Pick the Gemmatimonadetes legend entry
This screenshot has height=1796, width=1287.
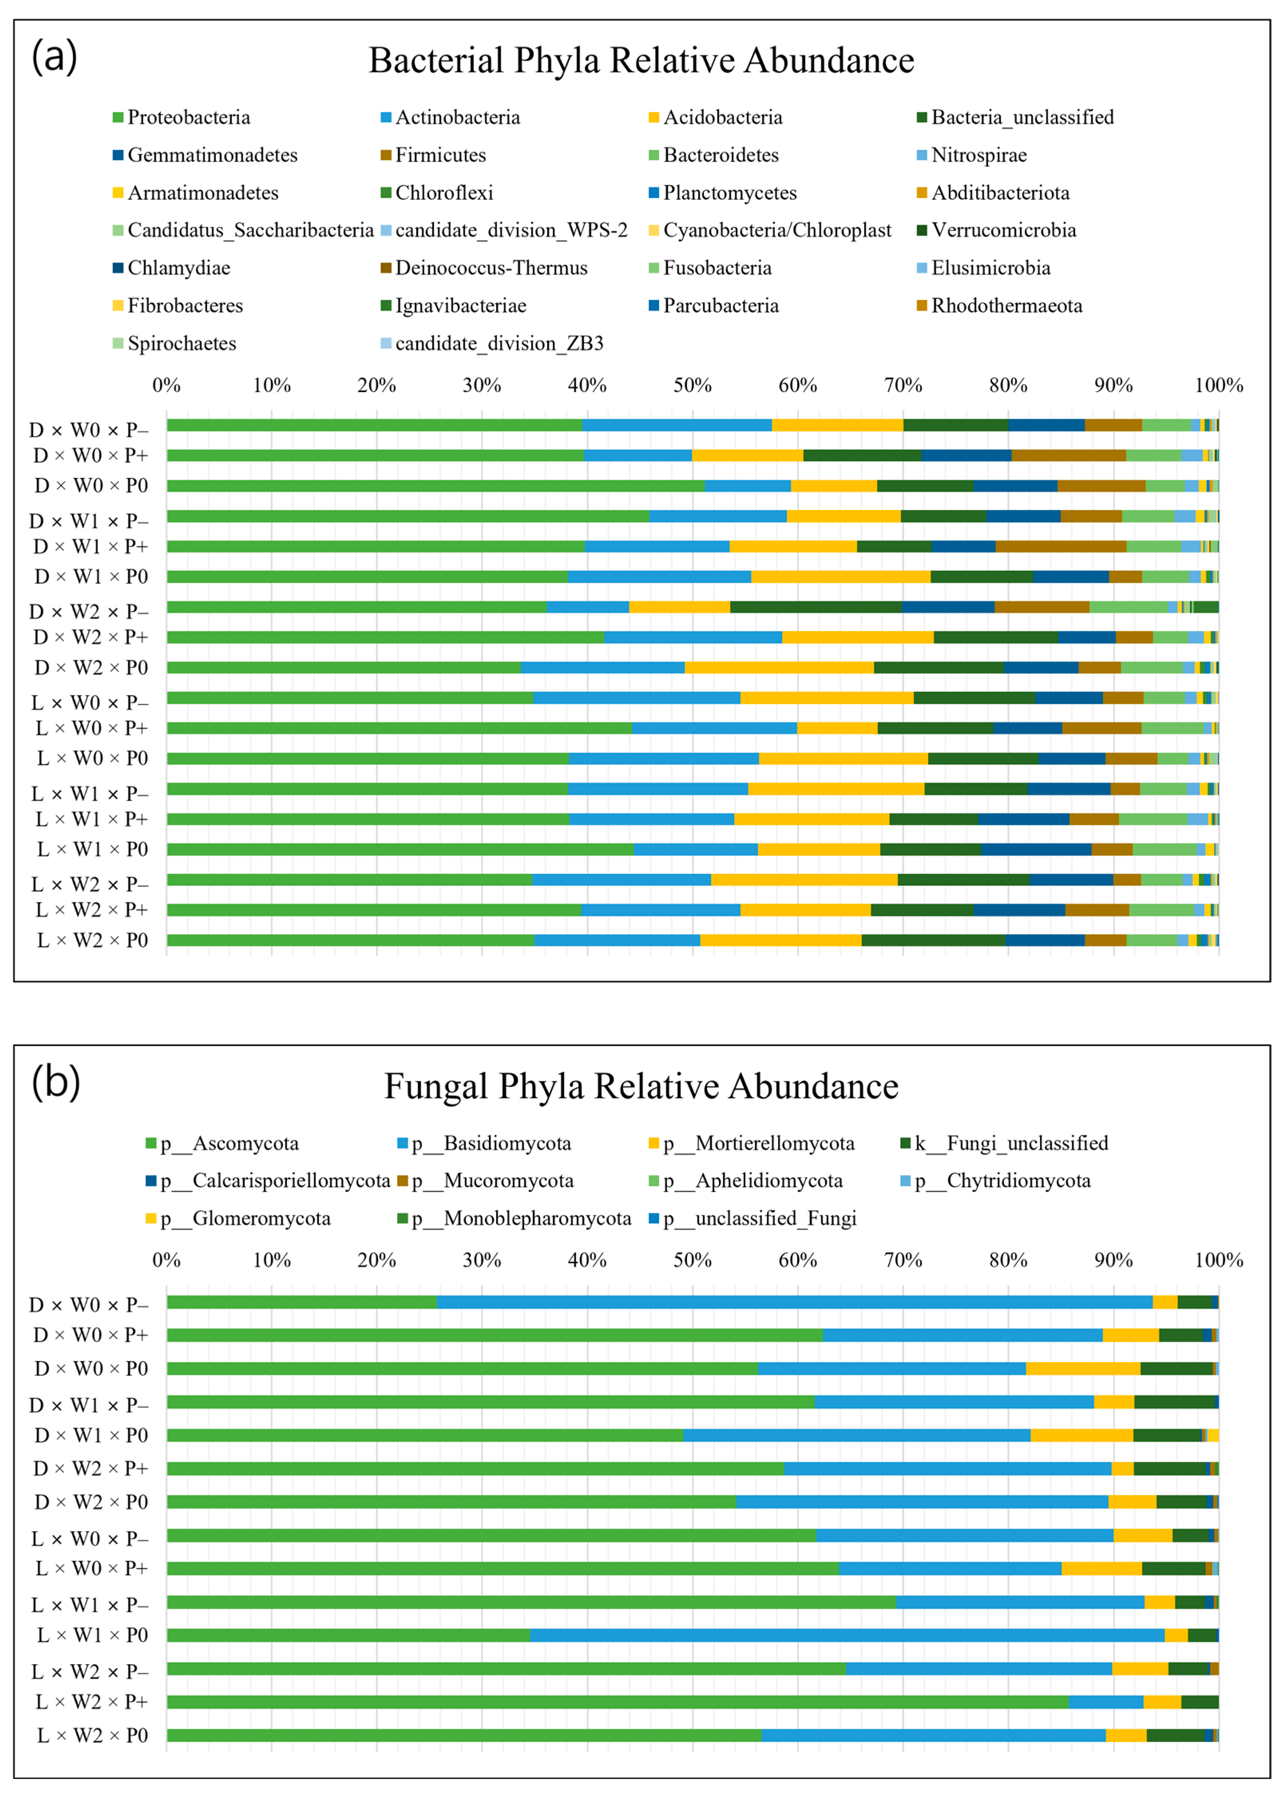coord(212,155)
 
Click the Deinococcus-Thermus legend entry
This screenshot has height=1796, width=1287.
coord(491,268)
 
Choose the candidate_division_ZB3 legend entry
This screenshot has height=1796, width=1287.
coord(499,344)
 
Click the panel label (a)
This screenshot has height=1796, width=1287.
coord(54,57)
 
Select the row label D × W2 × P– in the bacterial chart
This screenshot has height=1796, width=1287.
coord(89,611)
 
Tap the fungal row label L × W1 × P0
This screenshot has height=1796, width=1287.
coord(93,1635)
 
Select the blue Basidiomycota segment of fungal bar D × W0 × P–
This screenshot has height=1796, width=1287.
coord(794,1302)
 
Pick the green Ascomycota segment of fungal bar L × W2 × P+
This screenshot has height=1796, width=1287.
coord(618,1702)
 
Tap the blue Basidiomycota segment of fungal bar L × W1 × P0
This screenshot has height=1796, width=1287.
coord(847,1635)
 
